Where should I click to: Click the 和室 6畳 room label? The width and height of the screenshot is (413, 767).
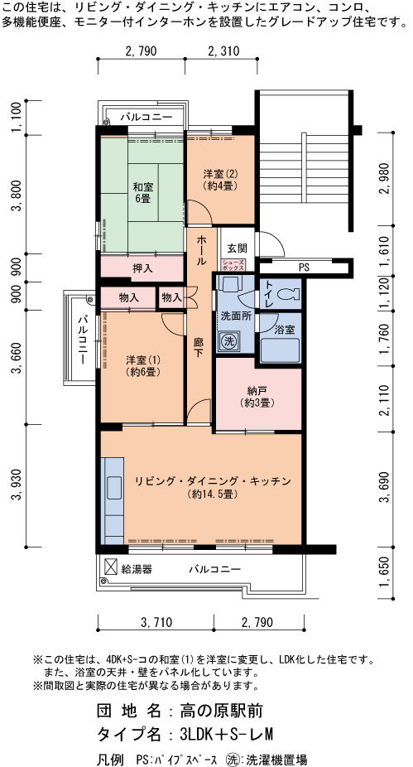click(142, 192)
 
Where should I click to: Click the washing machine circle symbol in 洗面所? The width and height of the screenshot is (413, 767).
click(228, 341)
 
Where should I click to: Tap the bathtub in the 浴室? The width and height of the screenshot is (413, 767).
click(280, 350)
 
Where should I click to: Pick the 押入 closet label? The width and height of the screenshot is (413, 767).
click(142, 268)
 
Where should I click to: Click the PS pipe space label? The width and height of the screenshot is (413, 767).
click(304, 268)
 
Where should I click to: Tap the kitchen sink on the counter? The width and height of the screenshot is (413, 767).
click(114, 488)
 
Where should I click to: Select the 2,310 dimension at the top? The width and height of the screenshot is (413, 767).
click(223, 51)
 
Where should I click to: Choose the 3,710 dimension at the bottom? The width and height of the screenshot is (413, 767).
click(156, 623)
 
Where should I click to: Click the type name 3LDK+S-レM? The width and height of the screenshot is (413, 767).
click(226, 734)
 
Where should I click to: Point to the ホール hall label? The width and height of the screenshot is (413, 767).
click(201, 250)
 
